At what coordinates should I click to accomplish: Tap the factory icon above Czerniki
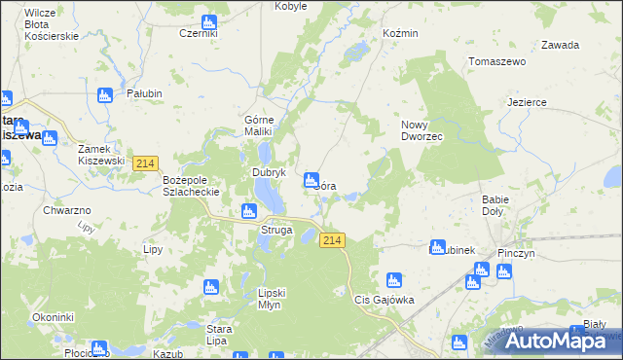point(208,21)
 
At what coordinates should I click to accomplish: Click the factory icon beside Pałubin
point(105,94)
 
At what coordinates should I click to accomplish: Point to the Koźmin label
point(400,33)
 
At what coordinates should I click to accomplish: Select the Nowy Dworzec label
point(421,130)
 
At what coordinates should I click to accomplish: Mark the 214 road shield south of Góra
point(332,240)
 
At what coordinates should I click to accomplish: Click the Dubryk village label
point(269,172)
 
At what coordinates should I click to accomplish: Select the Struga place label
point(275,230)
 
